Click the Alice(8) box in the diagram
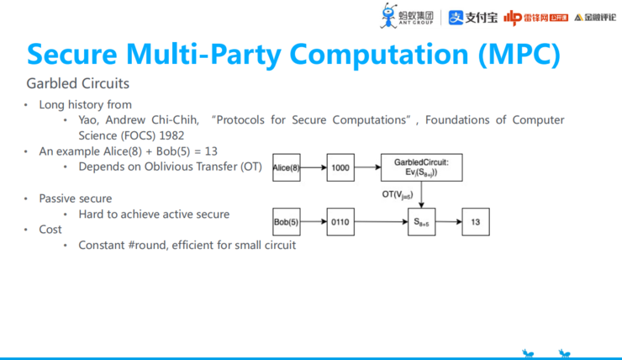click(287, 168)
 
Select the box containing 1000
click(340, 168)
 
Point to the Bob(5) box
click(287, 222)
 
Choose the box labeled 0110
click(340, 222)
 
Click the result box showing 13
click(475, 222)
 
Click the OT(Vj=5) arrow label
click(399, 195)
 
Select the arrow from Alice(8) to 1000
click(314, 168)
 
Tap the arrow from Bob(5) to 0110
click(314, 222)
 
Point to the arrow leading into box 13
click(448, 222)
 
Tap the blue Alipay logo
click(472, 16)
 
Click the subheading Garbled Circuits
click(77, 84)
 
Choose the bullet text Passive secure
click(75, 199)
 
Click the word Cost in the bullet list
click(50, 229)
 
